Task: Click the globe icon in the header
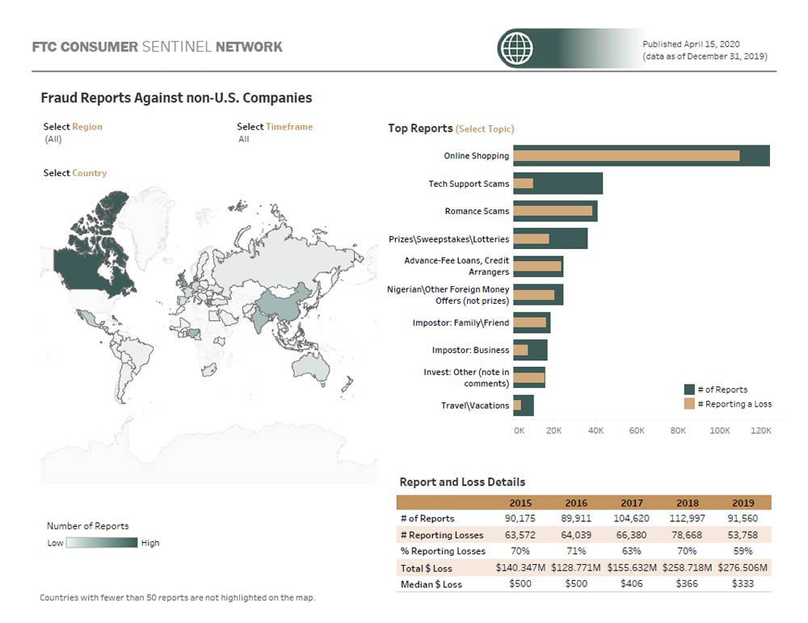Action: [x=517, y=48]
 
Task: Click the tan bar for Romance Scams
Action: [x=553, y=211]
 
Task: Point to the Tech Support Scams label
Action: [x=469, y=183]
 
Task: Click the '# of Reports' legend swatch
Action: [x=689, y=389]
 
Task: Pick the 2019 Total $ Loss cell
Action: [x=742, y=567]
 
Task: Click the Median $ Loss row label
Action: [x=431, y=583]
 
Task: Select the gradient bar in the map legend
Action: [x=102, y=543]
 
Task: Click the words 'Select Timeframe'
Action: [x=275, y=127]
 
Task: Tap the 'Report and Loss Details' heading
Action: [x=462, y=482]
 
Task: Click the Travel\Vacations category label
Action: [x=475, y=406]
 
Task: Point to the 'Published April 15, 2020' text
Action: [x=691, y=44]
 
